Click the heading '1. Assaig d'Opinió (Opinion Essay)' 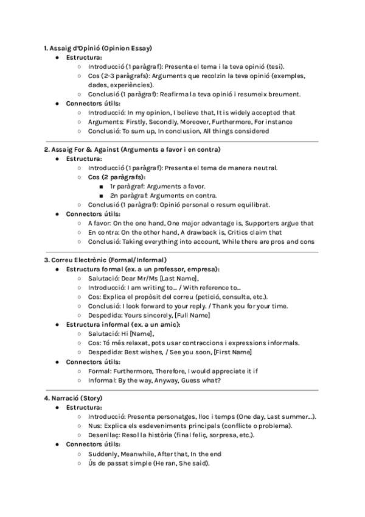(x=97, y=48)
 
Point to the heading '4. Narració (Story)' (x=78, y=398)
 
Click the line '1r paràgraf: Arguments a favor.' (x=158, y=186)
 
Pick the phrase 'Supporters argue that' (x=280, y=223)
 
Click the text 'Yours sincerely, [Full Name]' (x=166, y=315)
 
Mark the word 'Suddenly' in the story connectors (x=103, y=454)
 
